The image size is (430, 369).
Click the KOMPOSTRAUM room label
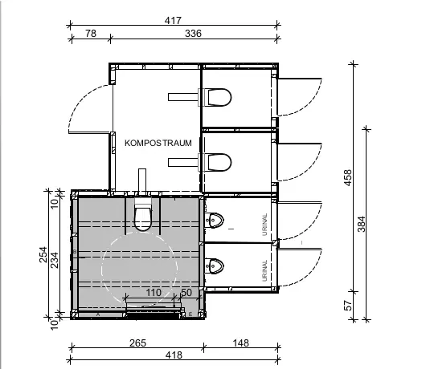(158, 143)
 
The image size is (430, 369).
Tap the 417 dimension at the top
(173, 21)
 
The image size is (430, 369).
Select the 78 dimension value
(91, 34)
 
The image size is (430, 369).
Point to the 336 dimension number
(193, 34)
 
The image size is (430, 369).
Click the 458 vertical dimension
(347, 177)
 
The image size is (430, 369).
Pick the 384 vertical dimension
(362, 224)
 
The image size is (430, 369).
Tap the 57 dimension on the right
(347, 306)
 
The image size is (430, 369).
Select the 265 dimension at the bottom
(137, 343)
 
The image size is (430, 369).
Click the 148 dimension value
(241, 343)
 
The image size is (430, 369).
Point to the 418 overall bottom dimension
(174, 355)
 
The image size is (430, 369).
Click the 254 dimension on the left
(43, 254)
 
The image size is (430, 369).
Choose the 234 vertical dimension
(55, 260)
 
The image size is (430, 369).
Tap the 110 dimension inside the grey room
(154, 293)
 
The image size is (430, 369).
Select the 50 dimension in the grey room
(186, 293)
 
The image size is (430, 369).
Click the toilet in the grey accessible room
(143, 214)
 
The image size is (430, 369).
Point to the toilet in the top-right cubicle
(215, 97)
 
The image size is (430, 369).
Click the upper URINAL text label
(264, 225)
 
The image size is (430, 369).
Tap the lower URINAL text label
(264, 270)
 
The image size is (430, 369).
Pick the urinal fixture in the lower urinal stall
(214, 266)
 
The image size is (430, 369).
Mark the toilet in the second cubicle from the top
(215, 162)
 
